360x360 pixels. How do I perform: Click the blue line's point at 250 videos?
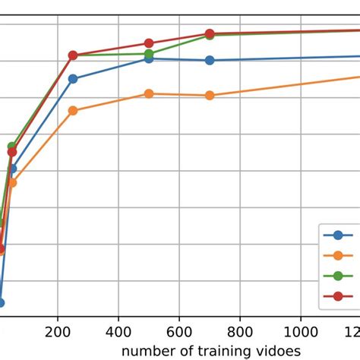coord(73,79)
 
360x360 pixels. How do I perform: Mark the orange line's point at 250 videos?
coord(73,110)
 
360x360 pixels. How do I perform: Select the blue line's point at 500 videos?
coord(149,58)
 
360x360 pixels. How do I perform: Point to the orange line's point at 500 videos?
coord(149,93)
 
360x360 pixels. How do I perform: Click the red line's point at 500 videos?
coord(149,43)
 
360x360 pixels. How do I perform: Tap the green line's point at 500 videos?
coord(149,54)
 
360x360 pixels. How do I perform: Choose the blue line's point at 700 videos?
coord(210,60)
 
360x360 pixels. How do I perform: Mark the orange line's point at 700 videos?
coord(210,95)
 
